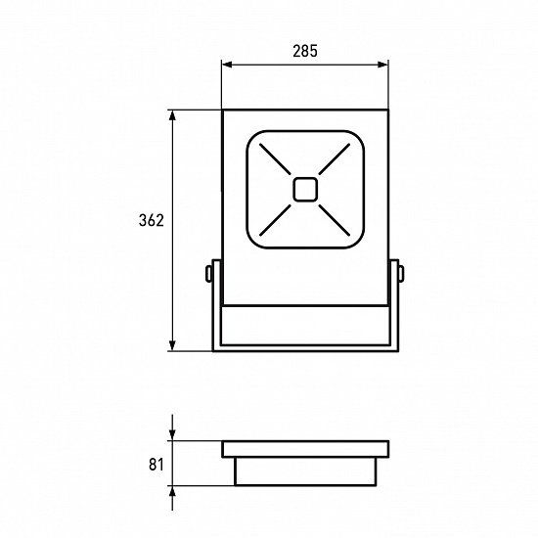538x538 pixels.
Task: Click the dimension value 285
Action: (305, 51)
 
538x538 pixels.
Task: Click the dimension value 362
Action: (152, 220)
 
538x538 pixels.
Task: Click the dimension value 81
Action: (157, 465)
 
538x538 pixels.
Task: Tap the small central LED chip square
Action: (305, 190)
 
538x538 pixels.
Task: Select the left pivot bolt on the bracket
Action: (208, 274)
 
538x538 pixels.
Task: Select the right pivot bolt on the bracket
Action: (401, 274)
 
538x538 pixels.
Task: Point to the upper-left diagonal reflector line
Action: (275, 158)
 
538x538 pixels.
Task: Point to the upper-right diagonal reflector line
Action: (335, 158)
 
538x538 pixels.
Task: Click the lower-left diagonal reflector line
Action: (275, 220)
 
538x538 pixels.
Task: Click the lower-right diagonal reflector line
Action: (335, 220)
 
